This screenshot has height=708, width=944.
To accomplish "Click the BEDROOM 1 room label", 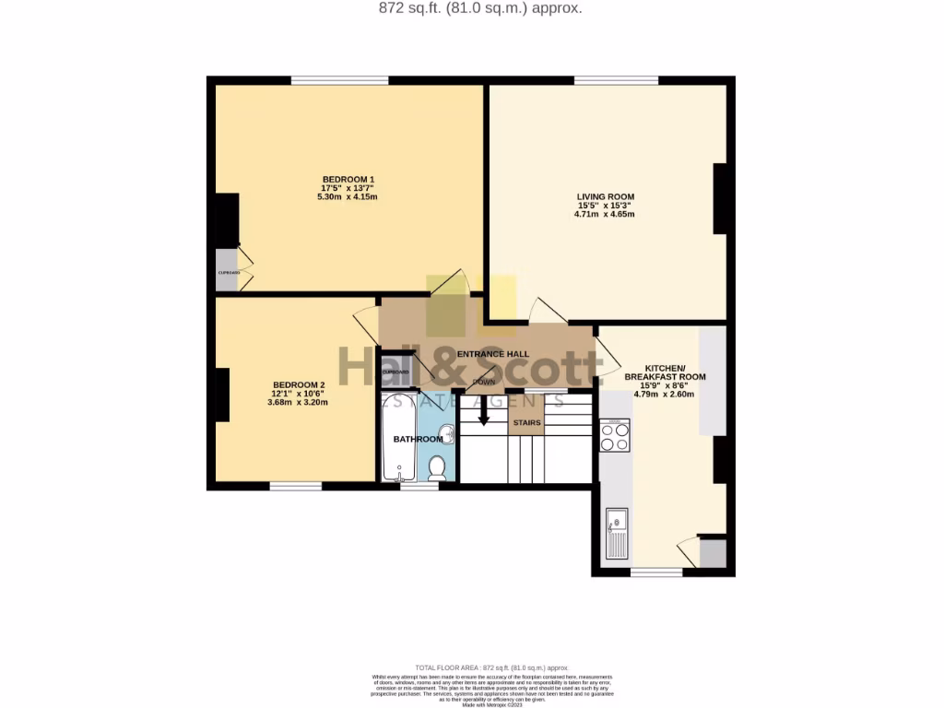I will (348, 179).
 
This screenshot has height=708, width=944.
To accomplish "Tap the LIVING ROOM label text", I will (605, 196).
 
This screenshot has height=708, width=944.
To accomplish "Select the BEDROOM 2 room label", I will (299, 384).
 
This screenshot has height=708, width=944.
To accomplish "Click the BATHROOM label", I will (418, 439).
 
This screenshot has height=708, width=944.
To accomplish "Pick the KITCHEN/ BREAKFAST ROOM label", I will (665, 372).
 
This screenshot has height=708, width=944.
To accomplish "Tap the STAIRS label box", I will (526, 423).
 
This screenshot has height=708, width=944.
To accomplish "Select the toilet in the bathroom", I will (437, 468).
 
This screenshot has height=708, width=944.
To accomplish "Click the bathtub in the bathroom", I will (399, 438).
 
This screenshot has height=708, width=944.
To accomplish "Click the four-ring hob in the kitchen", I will (615, 435).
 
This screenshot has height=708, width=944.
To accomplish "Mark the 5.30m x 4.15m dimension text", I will (348, 197).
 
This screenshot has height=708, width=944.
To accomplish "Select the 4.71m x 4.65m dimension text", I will (605, 215).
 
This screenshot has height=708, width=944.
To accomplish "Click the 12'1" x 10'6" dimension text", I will (299, 394).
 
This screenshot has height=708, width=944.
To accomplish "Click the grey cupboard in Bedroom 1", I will (227, 270).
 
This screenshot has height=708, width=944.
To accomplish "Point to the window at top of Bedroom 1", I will (339, 80).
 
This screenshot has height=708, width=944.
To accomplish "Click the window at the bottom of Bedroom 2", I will (295, 486).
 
